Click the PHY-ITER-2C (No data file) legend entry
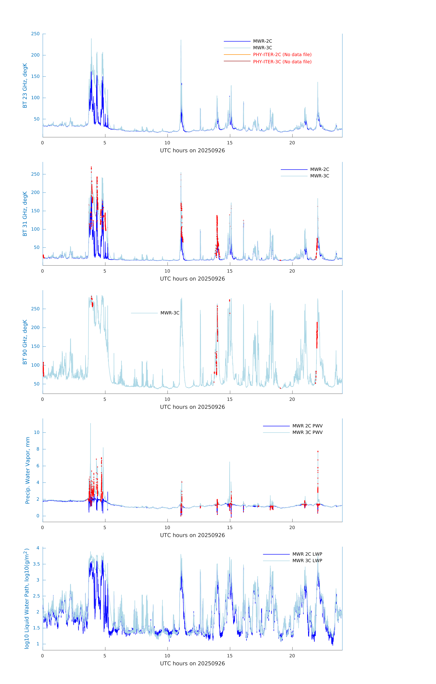click(282, 54)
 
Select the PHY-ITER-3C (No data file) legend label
click(282, 62)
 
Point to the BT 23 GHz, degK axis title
click(25, 85)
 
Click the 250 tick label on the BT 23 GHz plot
click(35, 34)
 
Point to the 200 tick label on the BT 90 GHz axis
click(35, 328)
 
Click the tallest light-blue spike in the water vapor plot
click(91, 424)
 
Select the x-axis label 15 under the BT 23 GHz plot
click(229, 143)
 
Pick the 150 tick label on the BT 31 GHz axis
click(35, 211)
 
